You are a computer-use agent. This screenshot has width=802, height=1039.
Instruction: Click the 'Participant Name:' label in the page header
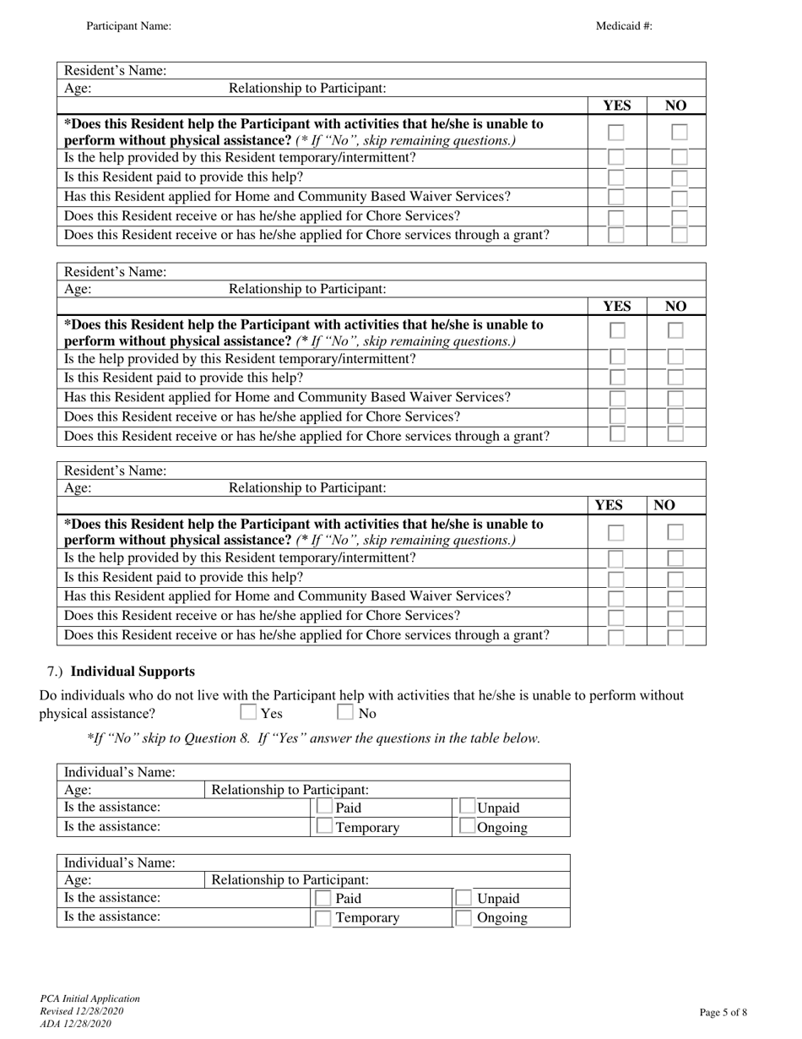click(x=128, y=26)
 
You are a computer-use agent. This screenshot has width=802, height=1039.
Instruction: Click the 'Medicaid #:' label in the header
click(x=624, y=26)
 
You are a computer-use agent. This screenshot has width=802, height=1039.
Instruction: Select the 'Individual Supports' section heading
click(x=133, y=672)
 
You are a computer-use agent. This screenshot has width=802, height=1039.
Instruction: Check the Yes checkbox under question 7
click(x=248, y=713)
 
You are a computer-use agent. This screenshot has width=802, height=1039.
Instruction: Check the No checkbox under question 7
click(x=345, y=713)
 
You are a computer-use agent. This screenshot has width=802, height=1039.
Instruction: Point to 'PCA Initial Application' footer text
click(x=90, y=998)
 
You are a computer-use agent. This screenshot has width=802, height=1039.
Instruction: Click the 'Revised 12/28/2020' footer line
click(x=82, y=1011)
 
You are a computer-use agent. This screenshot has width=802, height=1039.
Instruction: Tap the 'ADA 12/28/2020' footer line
click(x=75, y=1024)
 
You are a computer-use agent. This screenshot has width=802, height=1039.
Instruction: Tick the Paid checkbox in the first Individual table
click(x=323, y=808)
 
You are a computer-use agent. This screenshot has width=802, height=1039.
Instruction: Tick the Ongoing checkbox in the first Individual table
click(x=467, y=828)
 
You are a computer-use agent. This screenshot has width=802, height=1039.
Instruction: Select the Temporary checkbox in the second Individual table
click(x=323, y=918)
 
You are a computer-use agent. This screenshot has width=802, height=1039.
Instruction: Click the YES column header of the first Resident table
click(x=616, y=106)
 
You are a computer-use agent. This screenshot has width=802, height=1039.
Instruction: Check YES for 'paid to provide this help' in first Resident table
click(x=616, y=177)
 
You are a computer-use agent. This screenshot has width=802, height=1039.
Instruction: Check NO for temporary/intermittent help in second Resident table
click(x=675, y=358)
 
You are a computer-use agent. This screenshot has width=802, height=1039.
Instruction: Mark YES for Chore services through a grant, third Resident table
click(x=616, y=636)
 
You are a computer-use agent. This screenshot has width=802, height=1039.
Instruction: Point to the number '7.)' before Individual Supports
click(x=55, y=672)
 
